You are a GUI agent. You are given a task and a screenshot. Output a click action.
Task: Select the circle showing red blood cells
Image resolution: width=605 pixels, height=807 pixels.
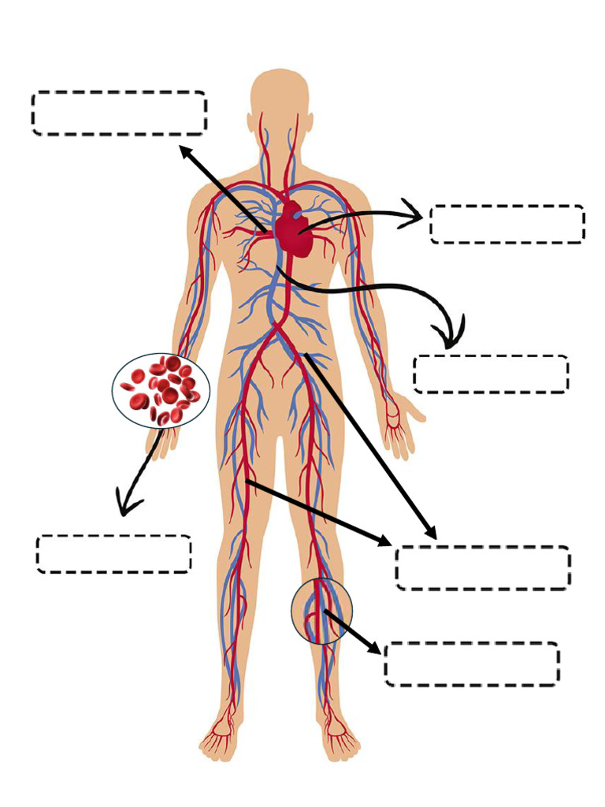point(161,389)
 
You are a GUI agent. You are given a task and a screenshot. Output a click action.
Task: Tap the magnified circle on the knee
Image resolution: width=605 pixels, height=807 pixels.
point(321,611)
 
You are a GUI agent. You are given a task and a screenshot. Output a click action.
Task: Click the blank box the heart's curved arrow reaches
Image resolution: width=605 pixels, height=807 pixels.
point(507,224)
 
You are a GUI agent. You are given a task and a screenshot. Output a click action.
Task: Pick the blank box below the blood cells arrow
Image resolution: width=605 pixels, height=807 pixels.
point(113,553)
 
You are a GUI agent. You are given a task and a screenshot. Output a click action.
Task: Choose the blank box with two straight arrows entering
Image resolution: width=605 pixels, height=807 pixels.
point(482,567)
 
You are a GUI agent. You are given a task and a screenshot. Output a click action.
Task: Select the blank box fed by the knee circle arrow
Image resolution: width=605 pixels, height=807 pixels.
point(472,664)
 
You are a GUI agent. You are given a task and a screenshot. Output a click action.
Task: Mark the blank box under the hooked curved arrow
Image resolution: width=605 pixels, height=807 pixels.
point(490,374)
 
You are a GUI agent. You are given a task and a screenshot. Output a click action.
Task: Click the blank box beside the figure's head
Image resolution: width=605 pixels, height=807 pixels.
point(119,113)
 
